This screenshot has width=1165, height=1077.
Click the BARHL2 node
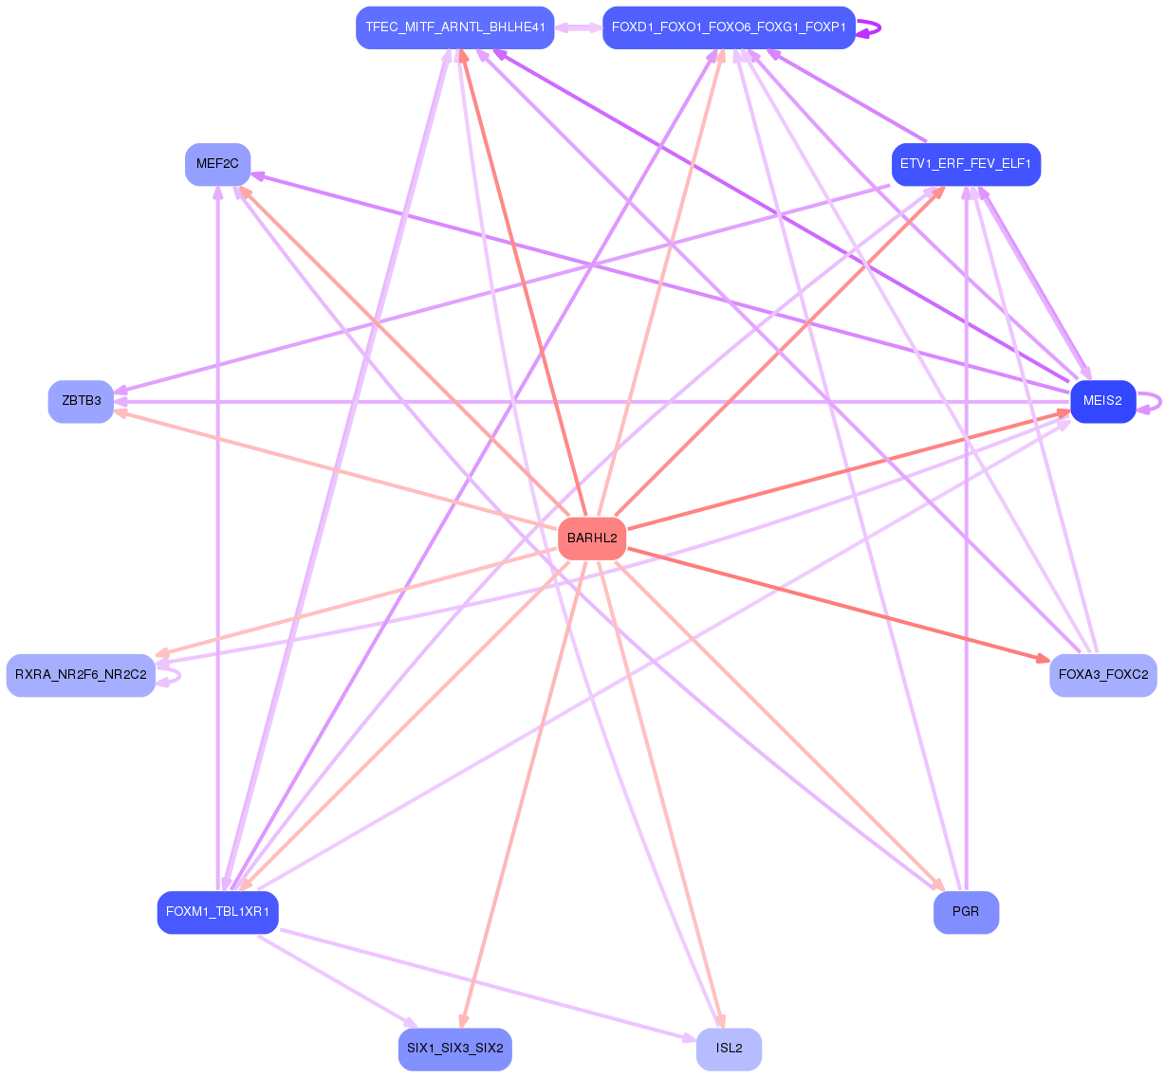click(592, 538)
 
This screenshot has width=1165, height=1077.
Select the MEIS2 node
click(1102, 401)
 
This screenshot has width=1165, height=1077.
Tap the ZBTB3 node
click(81, 401)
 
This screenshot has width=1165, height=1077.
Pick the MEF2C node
click(217, 164)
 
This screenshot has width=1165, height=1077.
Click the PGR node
click(966, 912)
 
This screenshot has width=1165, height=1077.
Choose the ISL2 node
click(729, 1049)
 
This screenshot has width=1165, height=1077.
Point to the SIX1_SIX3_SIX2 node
click(455, 1049)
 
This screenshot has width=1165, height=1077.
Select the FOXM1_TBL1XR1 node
click(217, 912)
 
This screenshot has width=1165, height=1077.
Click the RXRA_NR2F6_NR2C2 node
click(81, 675)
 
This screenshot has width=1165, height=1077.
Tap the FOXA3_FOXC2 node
click(1102, 675)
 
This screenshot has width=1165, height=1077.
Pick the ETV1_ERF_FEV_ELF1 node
click(966, 164)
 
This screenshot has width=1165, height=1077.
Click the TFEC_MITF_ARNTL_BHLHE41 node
click(454, 27)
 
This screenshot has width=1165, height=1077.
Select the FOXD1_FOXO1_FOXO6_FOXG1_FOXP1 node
click(729, 27)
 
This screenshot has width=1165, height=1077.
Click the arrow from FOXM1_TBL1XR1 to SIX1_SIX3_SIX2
click(337, 980)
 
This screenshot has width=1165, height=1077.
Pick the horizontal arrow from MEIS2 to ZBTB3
click(588, 402)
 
